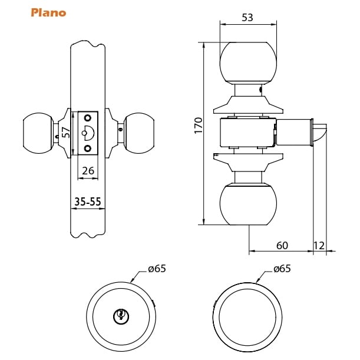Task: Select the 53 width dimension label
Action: (247, 18)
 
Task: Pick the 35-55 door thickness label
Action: (88, 202)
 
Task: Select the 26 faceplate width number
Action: (88, 171)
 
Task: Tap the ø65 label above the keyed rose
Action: (157, 269)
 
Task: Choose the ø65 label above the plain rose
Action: (282, 269)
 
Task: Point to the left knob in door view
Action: (37, 133)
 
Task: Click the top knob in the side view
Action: (248, 62)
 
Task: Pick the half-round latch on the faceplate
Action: (90, 132)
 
